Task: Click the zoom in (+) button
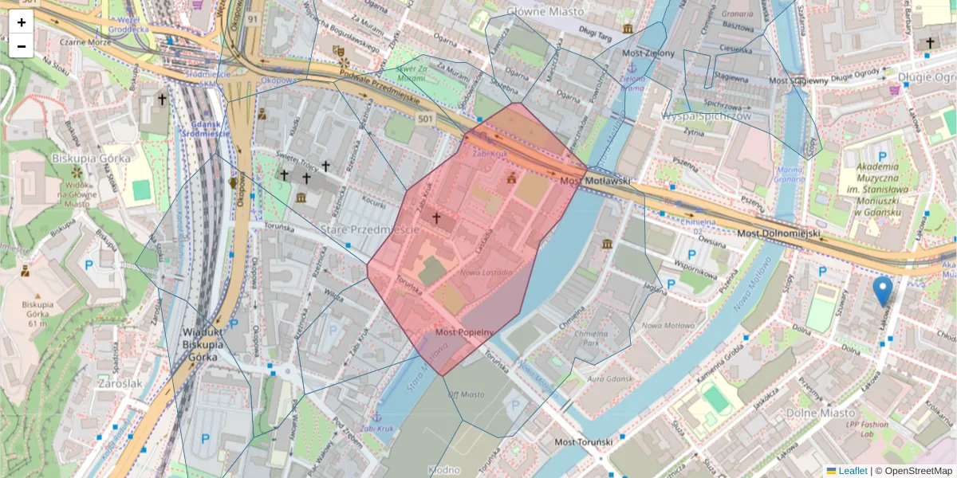pyautogui.click(x=22, y=22)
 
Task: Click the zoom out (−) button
pyautogui.click(x=22, y=46)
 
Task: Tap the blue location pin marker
pyautogui.click(x=883, y=292)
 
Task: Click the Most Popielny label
pyautogui.click(x=466, y=332)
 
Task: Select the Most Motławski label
pyautogui.click(x=594, y=182)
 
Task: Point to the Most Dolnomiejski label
pyautogui.click(x=778, y=233)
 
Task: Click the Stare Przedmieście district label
pyautogui.click(x=369, y=229)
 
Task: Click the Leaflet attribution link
pyautogui.click(x=853, y=471)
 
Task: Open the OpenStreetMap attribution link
pyautogui.click(x=916, y=471)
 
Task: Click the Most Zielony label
pyautogui.click(x=648, y=53)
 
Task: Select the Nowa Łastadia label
pyautogui.click(x=486, y=272)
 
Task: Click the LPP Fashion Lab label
pyautogui.click(x=867, y=429)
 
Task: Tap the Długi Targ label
pyautogui.click(x=594, y=36)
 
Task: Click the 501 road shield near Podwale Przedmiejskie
pyautogui.click(x=425, y=119)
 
